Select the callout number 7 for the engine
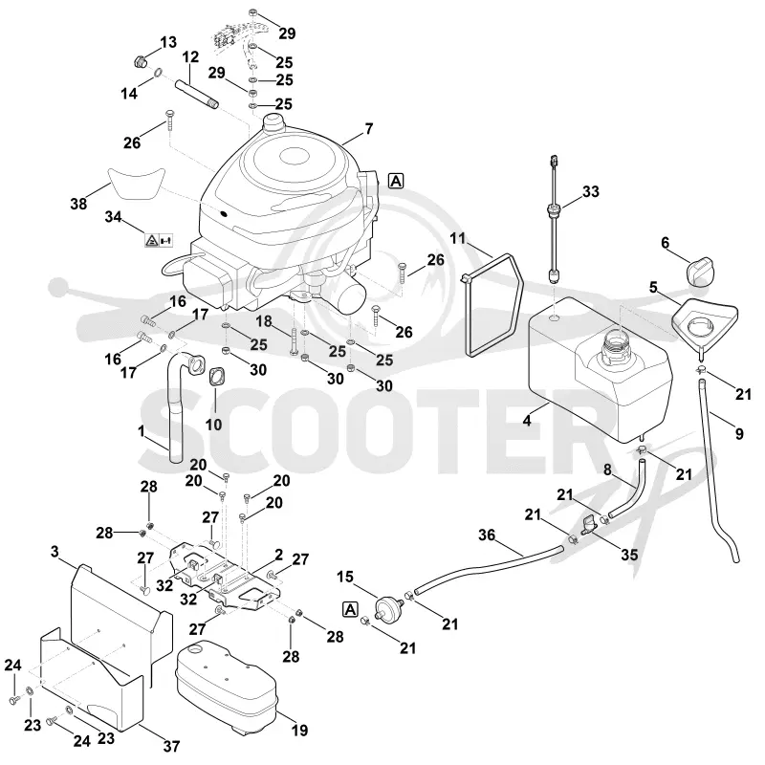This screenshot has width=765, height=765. coord(368,129)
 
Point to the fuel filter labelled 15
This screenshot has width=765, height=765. coord(389,607)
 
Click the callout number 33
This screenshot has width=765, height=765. coord(590,192)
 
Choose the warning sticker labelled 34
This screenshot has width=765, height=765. coord(159,240)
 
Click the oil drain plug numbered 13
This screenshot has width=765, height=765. coord(141,62)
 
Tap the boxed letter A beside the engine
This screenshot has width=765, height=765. coord(396,181)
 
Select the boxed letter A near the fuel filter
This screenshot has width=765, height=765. coord(350,609)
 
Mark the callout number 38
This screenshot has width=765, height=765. coord(78,204)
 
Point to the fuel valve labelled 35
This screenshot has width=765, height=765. coord(589,524)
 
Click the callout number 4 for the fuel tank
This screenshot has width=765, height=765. coord(527,420)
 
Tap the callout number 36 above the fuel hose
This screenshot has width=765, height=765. coord(487,535)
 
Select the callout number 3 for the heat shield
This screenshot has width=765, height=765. coord(55,552)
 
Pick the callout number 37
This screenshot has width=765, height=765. coord(172,746)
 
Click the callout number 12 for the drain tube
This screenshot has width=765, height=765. coord(190,57)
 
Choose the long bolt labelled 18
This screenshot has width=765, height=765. coord(293,341)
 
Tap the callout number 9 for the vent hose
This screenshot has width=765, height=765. coord(739,433)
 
